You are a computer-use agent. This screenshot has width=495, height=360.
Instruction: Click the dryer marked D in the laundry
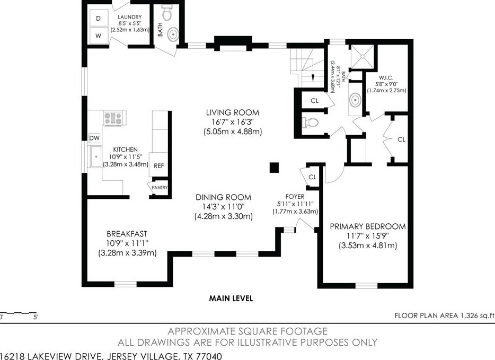98,18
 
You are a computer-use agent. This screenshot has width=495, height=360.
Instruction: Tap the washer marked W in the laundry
98,36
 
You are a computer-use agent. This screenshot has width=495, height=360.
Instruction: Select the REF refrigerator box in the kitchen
159,166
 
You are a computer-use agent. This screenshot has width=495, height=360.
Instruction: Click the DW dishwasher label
94,138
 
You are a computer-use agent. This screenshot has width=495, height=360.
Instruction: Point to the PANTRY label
160,187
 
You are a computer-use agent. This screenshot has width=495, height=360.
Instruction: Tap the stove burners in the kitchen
112,117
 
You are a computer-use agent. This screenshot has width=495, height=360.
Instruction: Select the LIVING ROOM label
233,112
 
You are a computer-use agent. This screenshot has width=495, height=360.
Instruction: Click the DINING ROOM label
223,196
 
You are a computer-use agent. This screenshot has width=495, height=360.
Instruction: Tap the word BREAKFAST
127,233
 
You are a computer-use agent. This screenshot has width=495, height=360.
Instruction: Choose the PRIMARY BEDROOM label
368,226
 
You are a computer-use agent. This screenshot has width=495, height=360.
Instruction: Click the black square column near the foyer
274,168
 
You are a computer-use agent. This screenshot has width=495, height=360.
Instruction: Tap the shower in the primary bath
365,55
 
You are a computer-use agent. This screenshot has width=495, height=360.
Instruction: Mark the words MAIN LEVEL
231,298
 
